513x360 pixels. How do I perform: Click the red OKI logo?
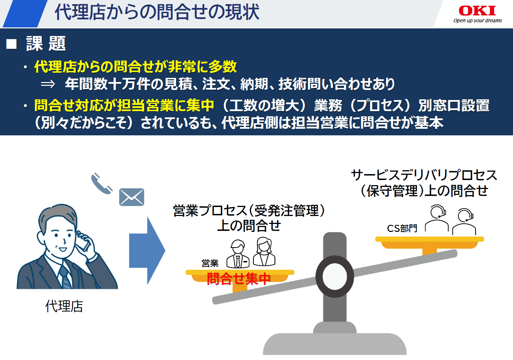477,11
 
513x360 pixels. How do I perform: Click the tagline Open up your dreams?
478,21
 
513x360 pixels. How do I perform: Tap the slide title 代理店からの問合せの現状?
157,12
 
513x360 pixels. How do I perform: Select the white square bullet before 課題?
12,44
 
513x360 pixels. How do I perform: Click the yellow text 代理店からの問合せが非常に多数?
135,66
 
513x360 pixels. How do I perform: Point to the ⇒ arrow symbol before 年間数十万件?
48,84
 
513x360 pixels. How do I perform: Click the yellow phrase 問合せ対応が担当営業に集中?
124,106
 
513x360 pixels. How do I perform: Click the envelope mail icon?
132,197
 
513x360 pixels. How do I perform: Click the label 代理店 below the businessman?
64,306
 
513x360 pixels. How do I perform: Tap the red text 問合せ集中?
238,279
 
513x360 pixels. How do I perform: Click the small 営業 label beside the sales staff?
210,263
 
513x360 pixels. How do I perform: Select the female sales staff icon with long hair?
264,252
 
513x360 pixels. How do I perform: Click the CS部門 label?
402,228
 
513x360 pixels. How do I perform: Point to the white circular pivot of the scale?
335,276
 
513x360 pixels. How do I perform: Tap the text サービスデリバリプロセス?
424,175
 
